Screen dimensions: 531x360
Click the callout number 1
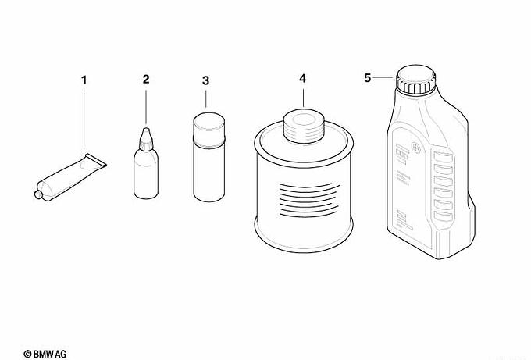(x=84, y=80)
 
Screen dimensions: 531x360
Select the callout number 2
(x=146, y=79)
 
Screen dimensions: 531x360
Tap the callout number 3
(x=205, y=81)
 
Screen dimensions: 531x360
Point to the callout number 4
(x=303, y=79)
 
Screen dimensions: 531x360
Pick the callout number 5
(x=368, y=78)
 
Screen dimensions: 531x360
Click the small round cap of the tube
(x=38, y=194)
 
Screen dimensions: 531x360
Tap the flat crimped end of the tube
(x=96, y=161)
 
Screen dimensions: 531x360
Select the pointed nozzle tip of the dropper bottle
(x=146, y=130)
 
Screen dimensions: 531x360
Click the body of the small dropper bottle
(x=146, y=173)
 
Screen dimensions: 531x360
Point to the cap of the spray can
(x=208, y=126)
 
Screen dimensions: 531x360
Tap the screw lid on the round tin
(x=304, y=126)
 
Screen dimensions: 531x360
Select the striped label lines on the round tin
(x=309, y=201)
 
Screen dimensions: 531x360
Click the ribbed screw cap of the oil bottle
(x=416, y=80)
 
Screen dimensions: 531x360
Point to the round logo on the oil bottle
(x=415, y=148)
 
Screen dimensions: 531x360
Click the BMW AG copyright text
(x=45, y=355)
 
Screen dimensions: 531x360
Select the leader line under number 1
(x=84, y=119)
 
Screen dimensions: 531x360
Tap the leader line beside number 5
(x=383, y=78)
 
